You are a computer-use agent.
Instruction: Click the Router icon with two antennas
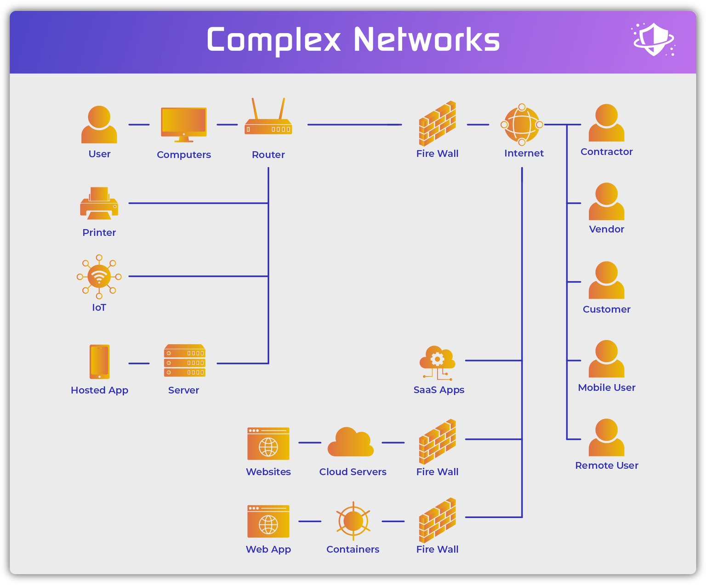tap(268, 120)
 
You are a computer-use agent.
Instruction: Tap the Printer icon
tap(99, 204)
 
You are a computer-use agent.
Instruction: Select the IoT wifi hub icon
tap(99, 276)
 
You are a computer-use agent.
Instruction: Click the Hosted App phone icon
tap(99, 362)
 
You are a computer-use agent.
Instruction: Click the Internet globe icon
tap(522, 125)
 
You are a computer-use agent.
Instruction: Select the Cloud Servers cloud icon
tap(351, 443)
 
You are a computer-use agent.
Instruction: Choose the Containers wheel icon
tap(353, 521)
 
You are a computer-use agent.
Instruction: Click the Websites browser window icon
tap(268, 443)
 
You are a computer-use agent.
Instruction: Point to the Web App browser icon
tap(268, 522)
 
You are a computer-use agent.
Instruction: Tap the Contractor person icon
tap(606, 123)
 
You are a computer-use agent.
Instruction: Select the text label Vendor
tap(606, 229)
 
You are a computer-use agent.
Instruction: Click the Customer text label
tap(606, 309)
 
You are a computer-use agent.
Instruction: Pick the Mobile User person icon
tap(606, 359)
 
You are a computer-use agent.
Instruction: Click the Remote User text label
tap(606, 466)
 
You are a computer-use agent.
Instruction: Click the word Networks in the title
tap(426, 40)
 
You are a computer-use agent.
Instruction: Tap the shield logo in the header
tap(654, 40)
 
